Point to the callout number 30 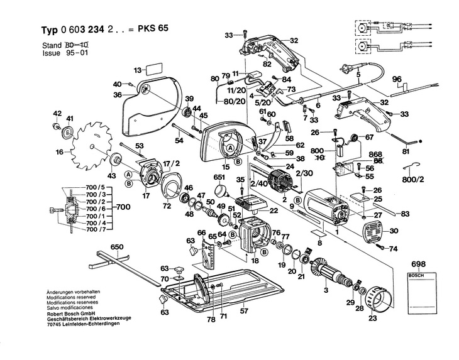click(394, 232)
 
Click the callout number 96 click(397, 79)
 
